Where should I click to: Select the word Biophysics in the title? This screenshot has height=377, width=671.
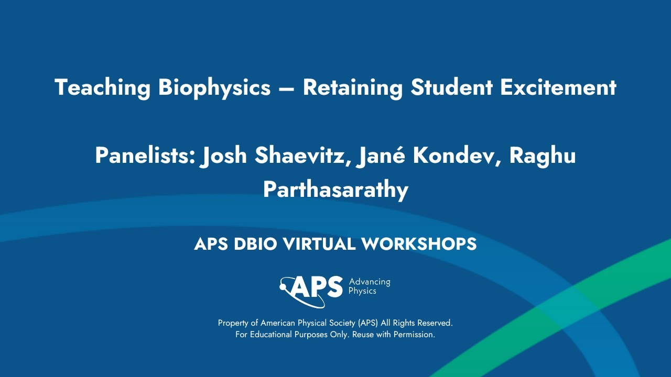tap(214, 87)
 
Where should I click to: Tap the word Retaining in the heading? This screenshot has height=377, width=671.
tap(353, 87)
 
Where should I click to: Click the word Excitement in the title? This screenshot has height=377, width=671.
tap(558, 87)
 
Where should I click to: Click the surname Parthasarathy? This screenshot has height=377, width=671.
tap(335, 190)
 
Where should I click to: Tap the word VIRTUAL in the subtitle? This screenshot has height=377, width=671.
tap(325, 244)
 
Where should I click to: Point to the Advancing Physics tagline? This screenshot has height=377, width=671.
tap(369, 286)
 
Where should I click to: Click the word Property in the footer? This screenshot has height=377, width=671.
tap(233, 323)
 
